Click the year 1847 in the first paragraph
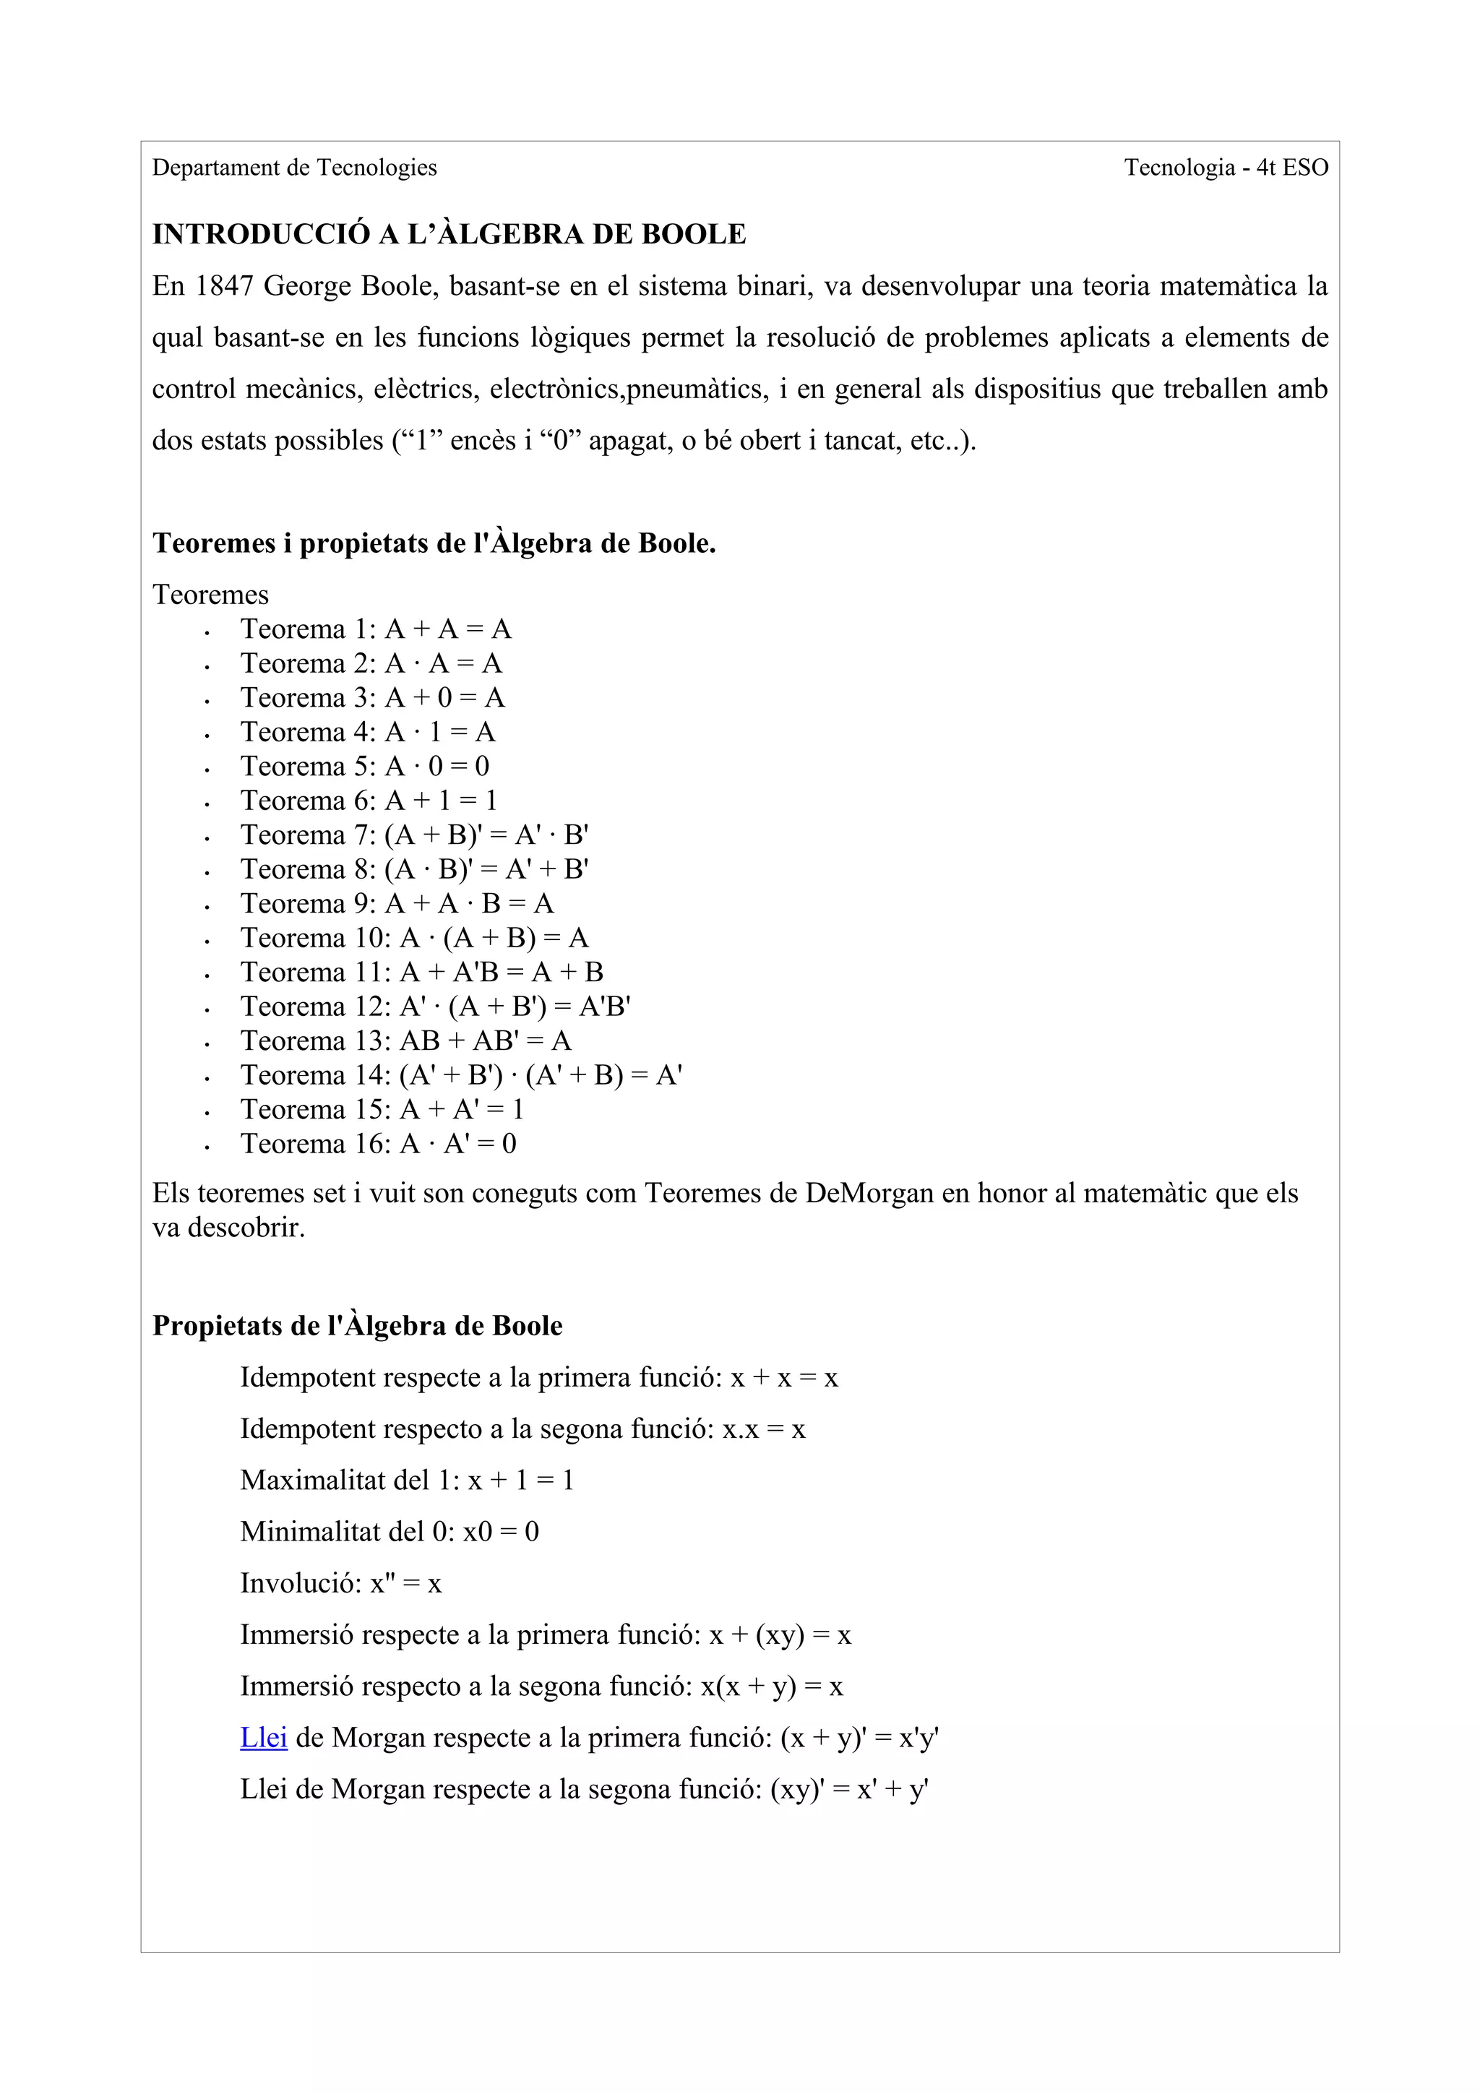[x=224, y=286]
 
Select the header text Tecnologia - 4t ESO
[x=1225, y=168]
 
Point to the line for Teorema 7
[x=414, y=835]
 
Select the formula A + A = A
[x=448, y=629]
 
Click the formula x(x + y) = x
[x=772, y=1686]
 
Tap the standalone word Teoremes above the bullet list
[x=210, y=595]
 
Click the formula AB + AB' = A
[x=485, y=1040]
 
